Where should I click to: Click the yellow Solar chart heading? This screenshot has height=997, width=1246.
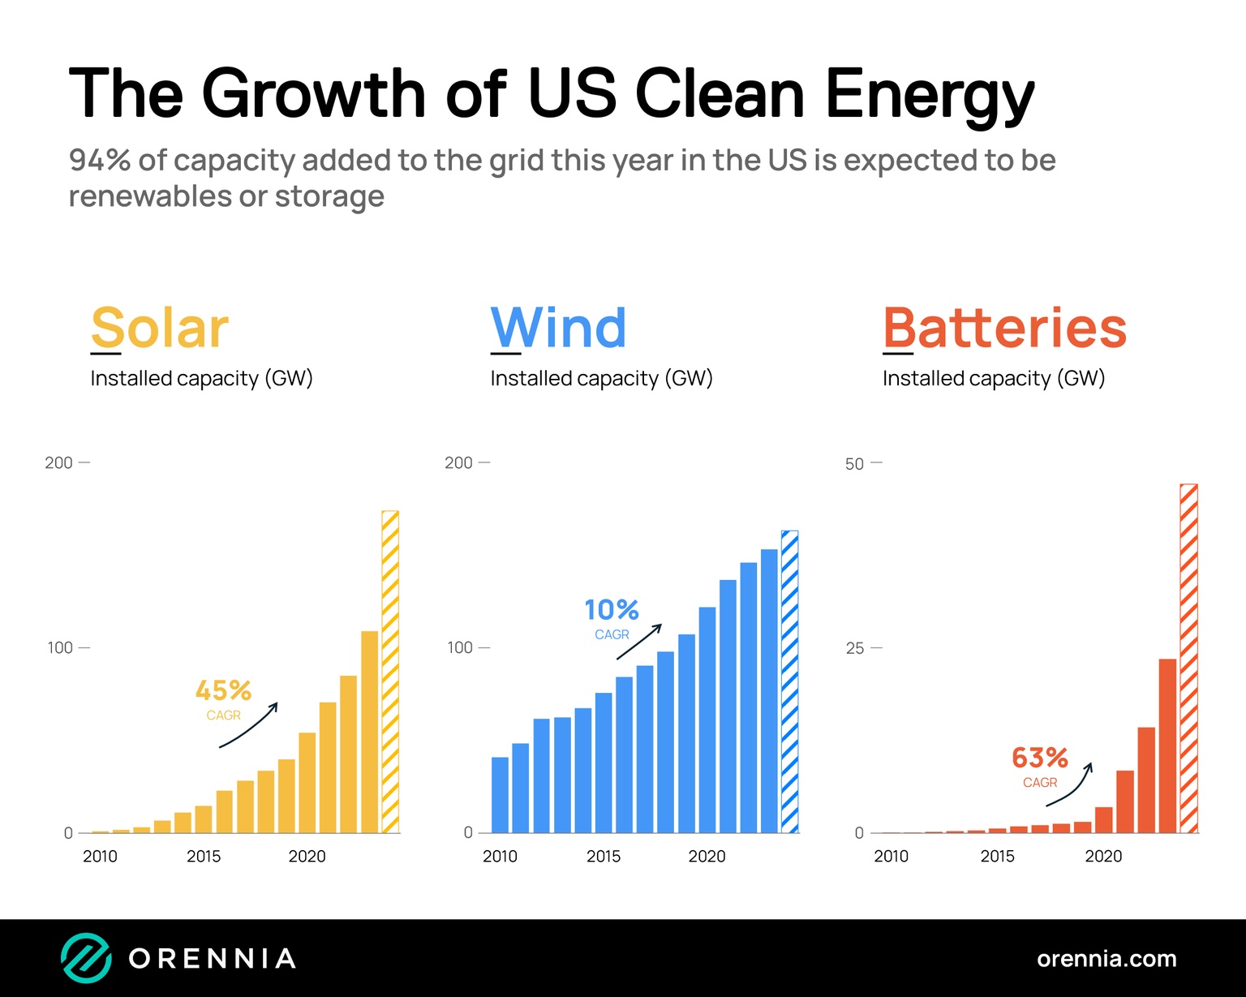pos(160,328)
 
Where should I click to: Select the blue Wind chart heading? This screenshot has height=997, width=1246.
pos(558,328)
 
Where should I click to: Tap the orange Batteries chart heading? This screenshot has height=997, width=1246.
pos(1004,328)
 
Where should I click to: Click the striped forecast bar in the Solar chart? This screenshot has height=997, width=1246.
pos(390,672)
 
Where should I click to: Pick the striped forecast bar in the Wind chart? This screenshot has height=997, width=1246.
pos(789,681)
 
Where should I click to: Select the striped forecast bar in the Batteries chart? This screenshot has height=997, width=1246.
pos(1188,658)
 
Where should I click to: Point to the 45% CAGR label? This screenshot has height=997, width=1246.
pos(223,690)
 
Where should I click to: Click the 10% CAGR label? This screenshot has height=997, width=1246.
pos(612,609)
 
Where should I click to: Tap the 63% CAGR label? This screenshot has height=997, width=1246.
pos(1039,758)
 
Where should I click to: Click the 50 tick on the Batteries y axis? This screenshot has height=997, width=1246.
pos(854,464)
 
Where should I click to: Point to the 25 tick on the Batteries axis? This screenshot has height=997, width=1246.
pos(854,648)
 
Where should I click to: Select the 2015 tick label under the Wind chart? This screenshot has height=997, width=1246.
pos(604,856)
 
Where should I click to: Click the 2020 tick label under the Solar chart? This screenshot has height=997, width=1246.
pos(307,856)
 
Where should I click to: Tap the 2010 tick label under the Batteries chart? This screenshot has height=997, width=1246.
pos(891,856)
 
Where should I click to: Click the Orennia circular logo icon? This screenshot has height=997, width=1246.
pos(86,958)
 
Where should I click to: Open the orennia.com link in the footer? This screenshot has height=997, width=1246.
pos(1106,959)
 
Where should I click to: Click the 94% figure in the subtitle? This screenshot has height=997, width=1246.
pos(100,161)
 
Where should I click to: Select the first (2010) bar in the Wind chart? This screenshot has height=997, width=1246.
pos(500,795)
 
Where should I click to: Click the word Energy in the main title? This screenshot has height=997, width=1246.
pos(930,94)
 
